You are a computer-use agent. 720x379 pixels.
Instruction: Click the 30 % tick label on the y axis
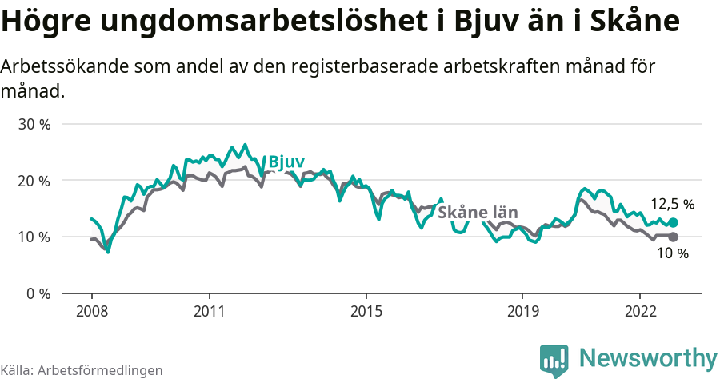coord(34,125)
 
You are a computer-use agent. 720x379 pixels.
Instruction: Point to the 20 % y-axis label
coord(34,181)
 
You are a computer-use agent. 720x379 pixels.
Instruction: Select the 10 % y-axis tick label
coord(34,237)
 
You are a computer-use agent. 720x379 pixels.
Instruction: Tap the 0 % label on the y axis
coord(38,293)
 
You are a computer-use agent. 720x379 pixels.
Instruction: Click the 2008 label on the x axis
coord(91,311)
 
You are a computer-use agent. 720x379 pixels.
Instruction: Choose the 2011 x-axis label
coord(209,311)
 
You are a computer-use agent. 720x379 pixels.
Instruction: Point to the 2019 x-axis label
coord(522,311)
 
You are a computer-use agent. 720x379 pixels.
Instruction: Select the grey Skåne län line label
coord(478,213)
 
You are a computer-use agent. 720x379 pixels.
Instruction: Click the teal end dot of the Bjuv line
coord(673,223)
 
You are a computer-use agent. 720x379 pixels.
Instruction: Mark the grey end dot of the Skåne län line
coord(673,237)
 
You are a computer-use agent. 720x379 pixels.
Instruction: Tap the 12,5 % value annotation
coord(671,204)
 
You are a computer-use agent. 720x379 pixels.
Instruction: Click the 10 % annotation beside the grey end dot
coord(672,253)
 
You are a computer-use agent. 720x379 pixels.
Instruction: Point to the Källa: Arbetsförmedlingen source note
coord(82,370)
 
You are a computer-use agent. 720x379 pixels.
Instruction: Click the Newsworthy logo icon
coord(554,361)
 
